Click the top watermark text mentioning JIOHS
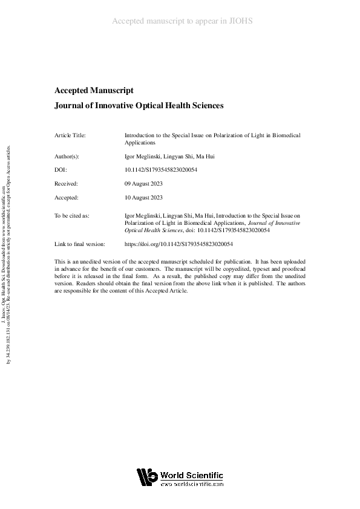coord(182,21)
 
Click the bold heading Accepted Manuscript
coord(94,90)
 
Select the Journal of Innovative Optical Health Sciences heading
coord(139,105)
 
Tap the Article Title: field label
coord(70,135)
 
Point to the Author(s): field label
coord(67,156)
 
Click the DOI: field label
coord(60,169)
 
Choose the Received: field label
coord(66,183)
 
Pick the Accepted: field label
coord(66,197)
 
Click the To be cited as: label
coord(71,215)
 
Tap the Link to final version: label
coord(80,244)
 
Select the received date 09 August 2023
coord(143,183)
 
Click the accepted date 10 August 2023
coord(143,197)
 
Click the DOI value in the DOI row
coord(160,169)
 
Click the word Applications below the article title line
coord(140,143)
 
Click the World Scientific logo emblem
coord(147,478)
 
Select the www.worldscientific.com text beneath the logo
coord(192,484)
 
